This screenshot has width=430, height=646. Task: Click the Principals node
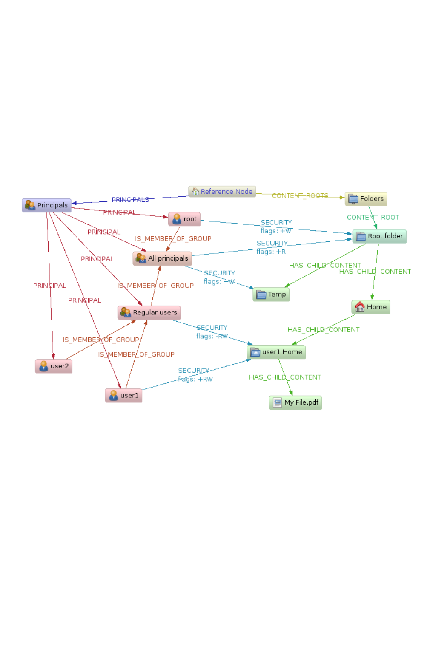(47, 205)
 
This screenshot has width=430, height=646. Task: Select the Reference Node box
(222, 192)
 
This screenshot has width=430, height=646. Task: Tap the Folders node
(366, 198)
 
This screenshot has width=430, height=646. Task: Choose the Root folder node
(379, 236)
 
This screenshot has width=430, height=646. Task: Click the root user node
(184, 219)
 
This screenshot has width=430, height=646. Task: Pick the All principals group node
(162, 258)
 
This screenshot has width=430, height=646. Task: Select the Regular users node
(149, 312)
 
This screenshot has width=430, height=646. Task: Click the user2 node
(54, 366)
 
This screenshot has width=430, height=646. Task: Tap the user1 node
(123, 395)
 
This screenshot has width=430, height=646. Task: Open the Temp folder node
(271, 294)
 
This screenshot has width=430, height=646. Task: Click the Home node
(371, 307)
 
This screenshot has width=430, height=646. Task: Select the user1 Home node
(276, 352)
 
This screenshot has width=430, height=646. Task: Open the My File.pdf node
(295, 402)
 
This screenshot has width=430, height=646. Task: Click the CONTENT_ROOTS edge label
(300, 195)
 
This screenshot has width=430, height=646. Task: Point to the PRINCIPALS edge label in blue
(130, 199)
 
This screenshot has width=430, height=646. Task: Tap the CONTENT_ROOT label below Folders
(373, 218)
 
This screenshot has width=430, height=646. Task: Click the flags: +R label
(271, 252)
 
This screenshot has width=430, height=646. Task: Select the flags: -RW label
(212, 336)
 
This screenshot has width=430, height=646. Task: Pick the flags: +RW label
(195, 379)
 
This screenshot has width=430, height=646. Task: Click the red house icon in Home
(360, 307)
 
